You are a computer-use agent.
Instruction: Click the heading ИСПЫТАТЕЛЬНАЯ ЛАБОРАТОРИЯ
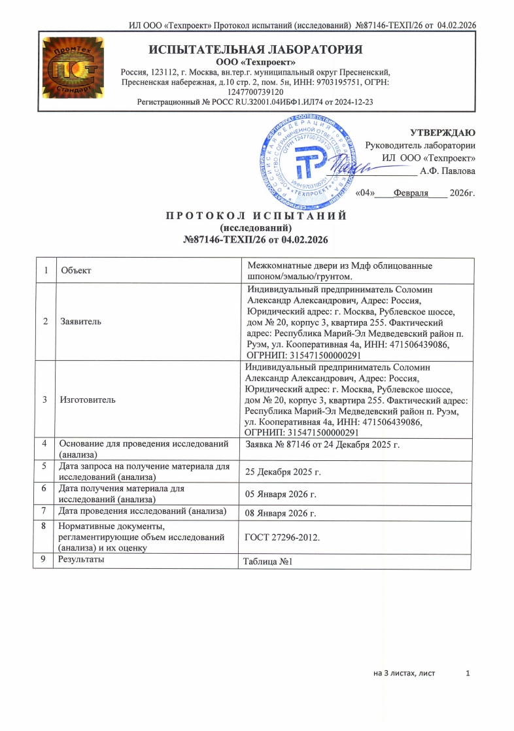point(255,50)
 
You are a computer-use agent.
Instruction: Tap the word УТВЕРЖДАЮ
point(448,133)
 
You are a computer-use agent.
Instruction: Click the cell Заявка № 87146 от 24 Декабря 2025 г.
point(321,445)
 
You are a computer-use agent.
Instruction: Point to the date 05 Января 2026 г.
point(281,493)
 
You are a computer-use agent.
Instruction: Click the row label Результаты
point(81,560)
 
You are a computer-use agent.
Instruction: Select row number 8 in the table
point(43,526)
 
